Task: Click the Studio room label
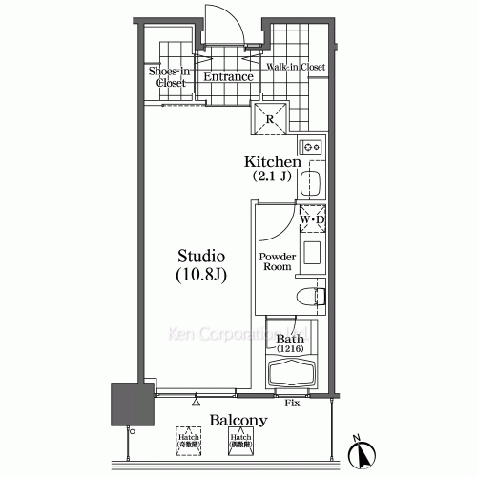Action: point(201,257)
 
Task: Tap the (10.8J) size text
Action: point(201,276)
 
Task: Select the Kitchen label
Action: point(273,161)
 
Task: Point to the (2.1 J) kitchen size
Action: point(272,176)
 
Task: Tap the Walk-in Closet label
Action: point(297,68)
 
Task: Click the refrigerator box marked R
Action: point(271,119)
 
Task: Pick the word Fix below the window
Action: point(293,404)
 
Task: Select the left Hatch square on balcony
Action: point(187,441)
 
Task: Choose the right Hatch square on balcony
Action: point(238,441)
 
